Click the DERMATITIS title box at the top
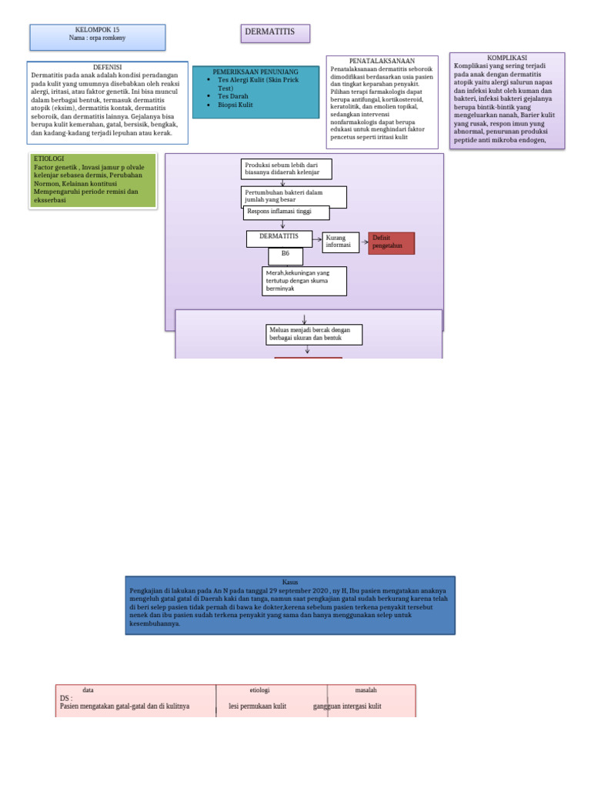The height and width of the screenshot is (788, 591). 275,33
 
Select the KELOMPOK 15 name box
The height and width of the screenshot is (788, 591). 98,37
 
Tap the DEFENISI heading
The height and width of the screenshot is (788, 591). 108,67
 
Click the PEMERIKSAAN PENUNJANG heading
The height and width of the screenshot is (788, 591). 255,72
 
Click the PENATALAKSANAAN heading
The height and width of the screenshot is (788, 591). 382,61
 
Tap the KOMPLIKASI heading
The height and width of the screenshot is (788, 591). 507,58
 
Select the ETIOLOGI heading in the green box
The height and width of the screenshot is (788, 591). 49,158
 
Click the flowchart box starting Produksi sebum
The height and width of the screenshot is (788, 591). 287,169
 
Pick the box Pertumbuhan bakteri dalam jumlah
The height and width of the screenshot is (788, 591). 294,196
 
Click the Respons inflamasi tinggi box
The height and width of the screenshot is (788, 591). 286,212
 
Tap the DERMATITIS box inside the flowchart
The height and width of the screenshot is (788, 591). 279,239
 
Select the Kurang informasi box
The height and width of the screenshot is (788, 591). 340,242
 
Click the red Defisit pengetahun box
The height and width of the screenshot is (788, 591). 391,242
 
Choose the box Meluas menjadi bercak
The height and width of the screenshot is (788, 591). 314,334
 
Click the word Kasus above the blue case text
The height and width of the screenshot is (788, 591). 290,581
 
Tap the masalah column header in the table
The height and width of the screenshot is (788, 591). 366,689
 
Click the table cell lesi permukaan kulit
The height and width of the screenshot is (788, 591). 258,706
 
